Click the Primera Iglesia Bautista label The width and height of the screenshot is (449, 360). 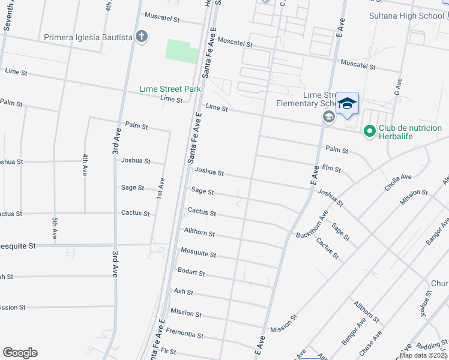pos(88,37)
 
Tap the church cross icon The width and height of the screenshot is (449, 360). pos(142,37)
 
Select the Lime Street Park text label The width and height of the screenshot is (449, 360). pos(170,89)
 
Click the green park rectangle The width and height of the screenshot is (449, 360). pos(181,51)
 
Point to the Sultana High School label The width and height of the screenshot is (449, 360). pos(406,15)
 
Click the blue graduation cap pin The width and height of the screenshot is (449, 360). pos(347,104)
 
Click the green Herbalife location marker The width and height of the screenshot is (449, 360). pos(370,130)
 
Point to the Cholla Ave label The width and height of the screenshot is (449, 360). pos(398,181)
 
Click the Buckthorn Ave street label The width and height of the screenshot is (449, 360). pos(312,224)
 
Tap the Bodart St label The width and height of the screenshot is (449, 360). pos(191,272)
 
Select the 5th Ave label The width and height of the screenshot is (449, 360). pos(54,229)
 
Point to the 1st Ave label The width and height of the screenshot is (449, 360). pos(160,188)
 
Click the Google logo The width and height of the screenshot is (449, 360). pos(20,353)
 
